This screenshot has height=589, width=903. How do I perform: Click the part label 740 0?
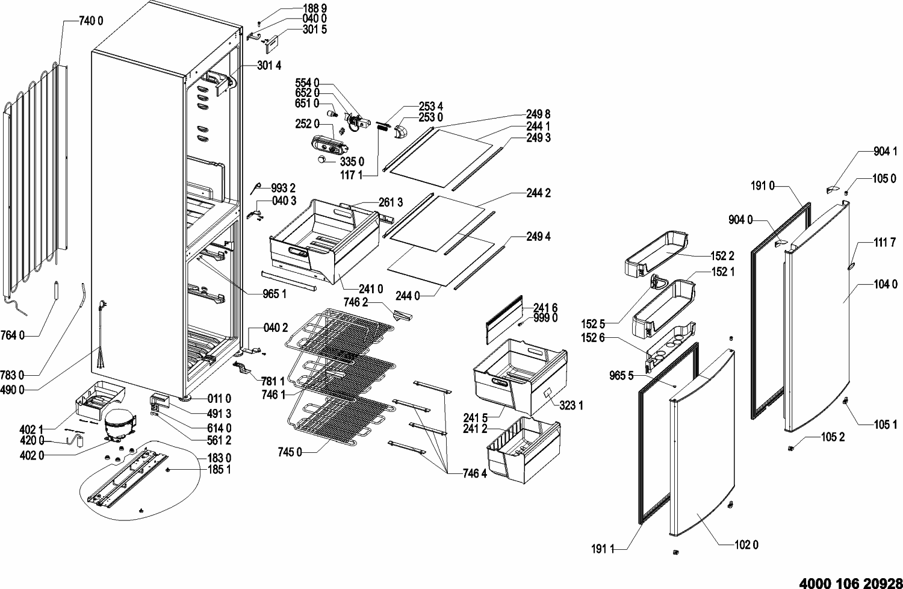pos(91,20)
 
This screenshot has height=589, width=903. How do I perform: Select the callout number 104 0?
pos(886,284)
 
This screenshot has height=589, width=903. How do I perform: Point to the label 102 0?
pos(746,545)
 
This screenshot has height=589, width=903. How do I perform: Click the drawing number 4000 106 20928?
pos(851,584)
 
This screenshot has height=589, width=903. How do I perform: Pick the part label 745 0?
pos(290,452)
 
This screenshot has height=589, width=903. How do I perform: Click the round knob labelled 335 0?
pos(323,160)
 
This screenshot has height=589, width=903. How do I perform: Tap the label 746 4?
pos(475,473)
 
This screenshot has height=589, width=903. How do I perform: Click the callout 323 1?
pos(571,405)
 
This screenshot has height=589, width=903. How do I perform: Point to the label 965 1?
pos(275,294)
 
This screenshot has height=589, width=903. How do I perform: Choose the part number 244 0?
pos(408,296)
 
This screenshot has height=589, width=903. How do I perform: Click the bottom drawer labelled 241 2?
pos(524,450)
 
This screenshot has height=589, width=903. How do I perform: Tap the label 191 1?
pos(603,549)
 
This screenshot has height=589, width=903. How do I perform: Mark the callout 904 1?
pos(886,151)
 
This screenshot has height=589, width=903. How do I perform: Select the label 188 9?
pos(315,8)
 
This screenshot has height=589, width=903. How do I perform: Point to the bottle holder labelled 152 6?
pos(671,346)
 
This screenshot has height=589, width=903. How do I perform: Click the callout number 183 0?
pos(219,458)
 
